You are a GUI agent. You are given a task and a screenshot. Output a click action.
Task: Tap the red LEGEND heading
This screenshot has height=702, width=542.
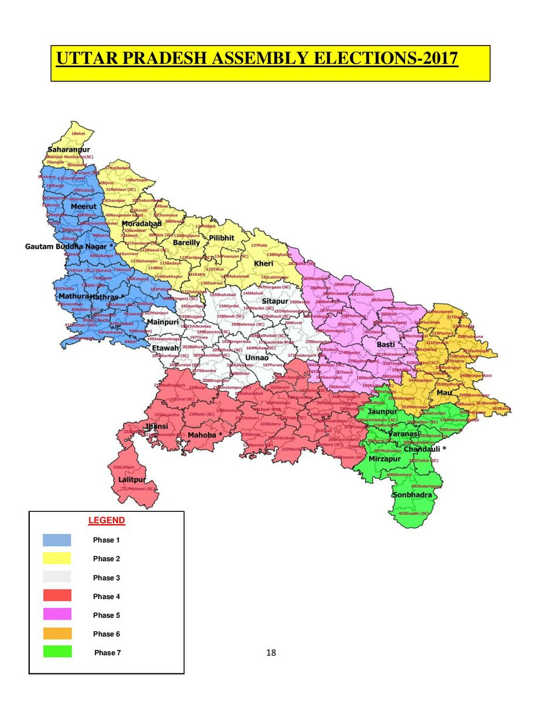coord(106,520)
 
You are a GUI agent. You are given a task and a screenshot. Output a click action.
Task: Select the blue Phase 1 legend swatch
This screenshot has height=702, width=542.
coord(57,540)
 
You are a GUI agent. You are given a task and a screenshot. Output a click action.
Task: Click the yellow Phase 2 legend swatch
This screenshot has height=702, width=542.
coord(57,559)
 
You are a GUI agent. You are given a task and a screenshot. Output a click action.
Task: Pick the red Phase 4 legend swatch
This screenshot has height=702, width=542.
coord(57,596)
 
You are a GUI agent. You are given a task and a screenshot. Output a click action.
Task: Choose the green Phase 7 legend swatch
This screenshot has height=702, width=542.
coord(57,652)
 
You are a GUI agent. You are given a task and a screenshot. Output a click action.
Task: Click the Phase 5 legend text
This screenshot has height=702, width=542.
coord(106,615)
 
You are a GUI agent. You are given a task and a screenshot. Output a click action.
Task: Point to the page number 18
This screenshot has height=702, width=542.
coord(271,653)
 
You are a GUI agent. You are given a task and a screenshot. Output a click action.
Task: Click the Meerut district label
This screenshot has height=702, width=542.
coord(84,207)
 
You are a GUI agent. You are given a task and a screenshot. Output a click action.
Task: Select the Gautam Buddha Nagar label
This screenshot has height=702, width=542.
coord(66,247)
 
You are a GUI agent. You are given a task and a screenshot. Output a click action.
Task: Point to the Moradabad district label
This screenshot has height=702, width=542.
coord(141,224)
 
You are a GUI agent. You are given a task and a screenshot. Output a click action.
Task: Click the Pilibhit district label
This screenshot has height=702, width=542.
coord(222,238)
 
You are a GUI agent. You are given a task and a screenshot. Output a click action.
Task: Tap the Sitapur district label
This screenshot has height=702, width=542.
coord(275,301)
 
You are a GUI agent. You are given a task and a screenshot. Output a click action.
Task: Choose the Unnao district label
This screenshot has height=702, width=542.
coord(257,357)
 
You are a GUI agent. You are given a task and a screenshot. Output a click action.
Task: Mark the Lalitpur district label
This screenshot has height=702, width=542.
coord(132,480)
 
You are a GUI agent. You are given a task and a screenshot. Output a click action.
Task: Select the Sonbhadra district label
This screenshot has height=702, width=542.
coord(412,495)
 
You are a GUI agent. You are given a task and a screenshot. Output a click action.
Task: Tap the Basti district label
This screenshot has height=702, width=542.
coord(385,345)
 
